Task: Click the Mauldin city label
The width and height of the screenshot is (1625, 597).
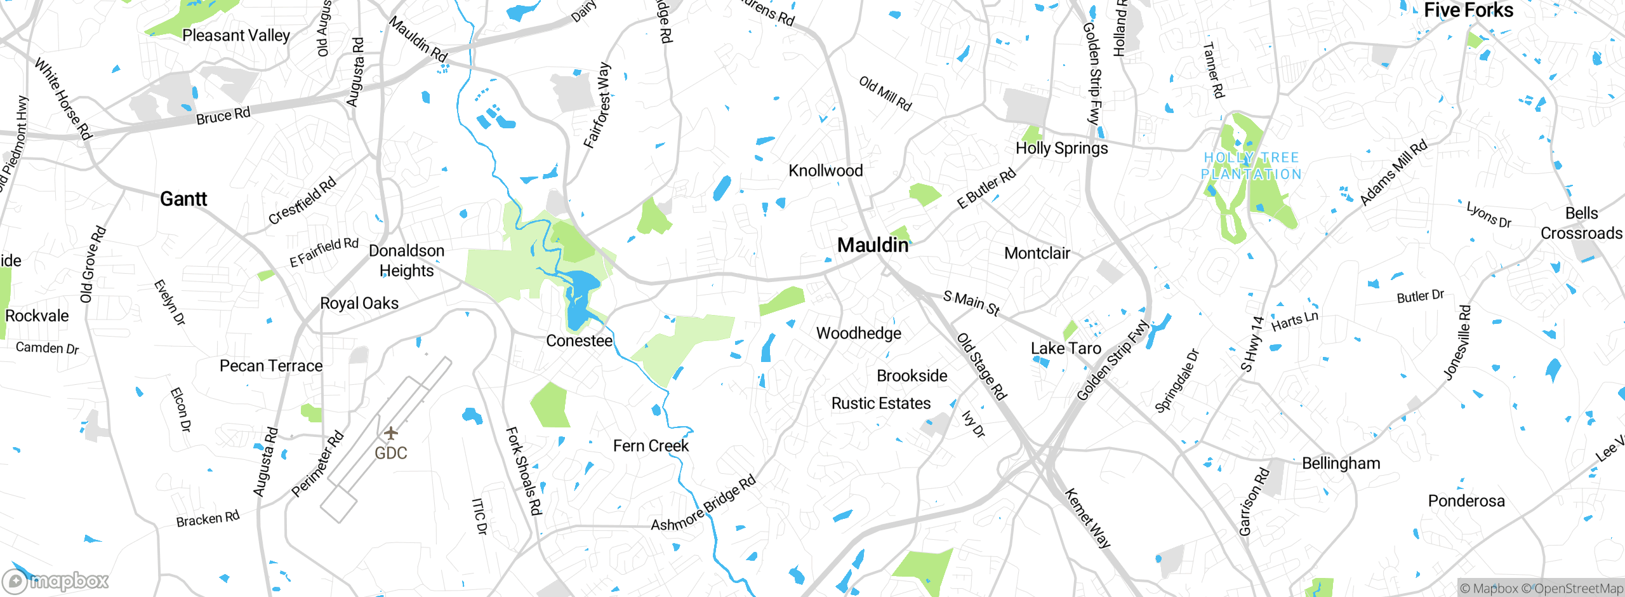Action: click(x=873, y=245)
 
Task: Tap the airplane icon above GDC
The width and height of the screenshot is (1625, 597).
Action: click(x=391, y=433)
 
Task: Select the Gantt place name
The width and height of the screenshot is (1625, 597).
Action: click(x=183, y=199)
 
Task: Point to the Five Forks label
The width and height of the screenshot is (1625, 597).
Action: click(x=1468, y=10)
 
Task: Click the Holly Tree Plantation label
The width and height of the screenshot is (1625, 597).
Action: click(x=1251, y=166)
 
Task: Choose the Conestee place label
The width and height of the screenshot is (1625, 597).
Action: click(x=579, y=341)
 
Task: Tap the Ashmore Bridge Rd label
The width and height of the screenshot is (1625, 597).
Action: click(x=703, y=504)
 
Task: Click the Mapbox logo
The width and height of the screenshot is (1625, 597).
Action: click(x=56, y=580)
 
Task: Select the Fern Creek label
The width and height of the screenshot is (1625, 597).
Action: click(x=651, y=446)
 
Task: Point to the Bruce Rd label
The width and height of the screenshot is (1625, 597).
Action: click(x=223, y=116)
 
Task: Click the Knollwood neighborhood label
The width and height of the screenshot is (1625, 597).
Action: click(x=825, y=171)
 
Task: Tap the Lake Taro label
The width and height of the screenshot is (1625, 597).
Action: click(x=1065, y=349)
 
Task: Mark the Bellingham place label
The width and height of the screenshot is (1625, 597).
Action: click(x=1341, y=464)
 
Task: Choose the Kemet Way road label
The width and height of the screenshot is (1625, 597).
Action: click(x=1087, y=518)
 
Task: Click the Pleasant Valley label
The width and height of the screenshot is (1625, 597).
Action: click(x=235, y=36)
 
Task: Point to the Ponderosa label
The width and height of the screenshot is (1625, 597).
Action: click(x=1466, y=501)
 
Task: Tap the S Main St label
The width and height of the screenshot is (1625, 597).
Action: click(x=971, y=303)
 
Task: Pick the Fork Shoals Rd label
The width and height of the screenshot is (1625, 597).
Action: click(x=524, y=471)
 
